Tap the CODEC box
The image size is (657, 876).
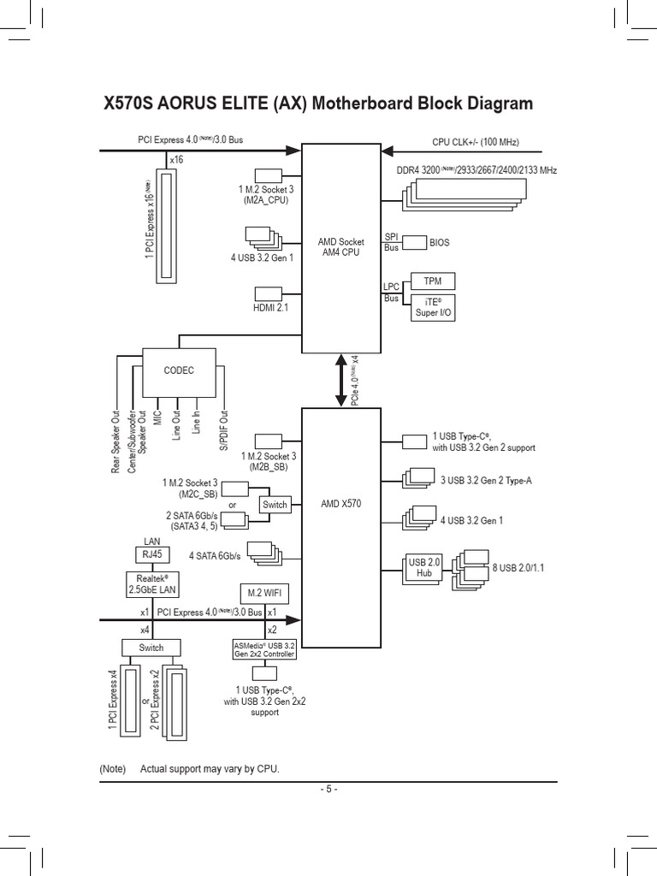179,370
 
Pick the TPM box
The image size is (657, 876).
433,281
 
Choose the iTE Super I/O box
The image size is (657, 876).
433,308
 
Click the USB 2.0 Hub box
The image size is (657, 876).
423,566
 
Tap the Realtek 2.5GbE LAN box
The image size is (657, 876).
152,583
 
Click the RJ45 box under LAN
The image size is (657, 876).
151,555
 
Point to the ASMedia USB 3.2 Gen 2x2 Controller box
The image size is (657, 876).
264,649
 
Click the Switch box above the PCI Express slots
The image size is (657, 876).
151,647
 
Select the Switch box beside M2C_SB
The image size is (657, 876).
275,505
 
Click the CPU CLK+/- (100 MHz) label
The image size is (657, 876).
475,142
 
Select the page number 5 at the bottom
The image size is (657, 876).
328,789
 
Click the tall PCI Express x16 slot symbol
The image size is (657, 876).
167,225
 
